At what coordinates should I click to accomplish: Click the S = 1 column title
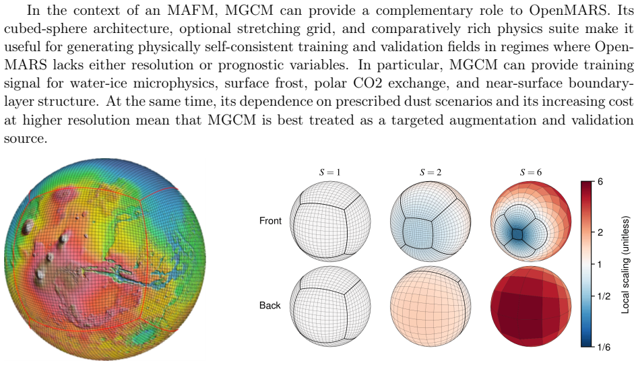tap(329, 172)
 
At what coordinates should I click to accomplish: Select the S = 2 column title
tap(430, 172)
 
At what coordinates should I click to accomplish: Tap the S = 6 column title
tap(531, 172)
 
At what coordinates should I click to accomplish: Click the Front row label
tap(270, 220)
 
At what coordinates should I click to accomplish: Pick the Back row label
tap(269, 305)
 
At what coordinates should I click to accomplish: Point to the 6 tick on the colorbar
tap(600, 181)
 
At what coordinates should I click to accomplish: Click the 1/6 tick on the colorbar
tap(604, 347)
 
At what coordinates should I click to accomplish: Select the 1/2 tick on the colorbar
tap(604, 296)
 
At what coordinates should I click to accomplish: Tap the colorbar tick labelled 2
tap(600, 232)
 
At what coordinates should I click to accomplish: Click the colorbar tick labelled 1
tap(600, 265)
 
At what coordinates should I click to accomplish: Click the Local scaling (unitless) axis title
tap(625, 265)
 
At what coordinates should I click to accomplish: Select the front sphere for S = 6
tap(531, 221)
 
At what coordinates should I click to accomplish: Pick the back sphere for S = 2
tap(430, 306)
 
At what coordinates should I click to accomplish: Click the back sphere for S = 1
tap(330, 306)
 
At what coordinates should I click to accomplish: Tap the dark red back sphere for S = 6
tap(531, 306)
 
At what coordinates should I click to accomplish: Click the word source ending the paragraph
tap(25, 138)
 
